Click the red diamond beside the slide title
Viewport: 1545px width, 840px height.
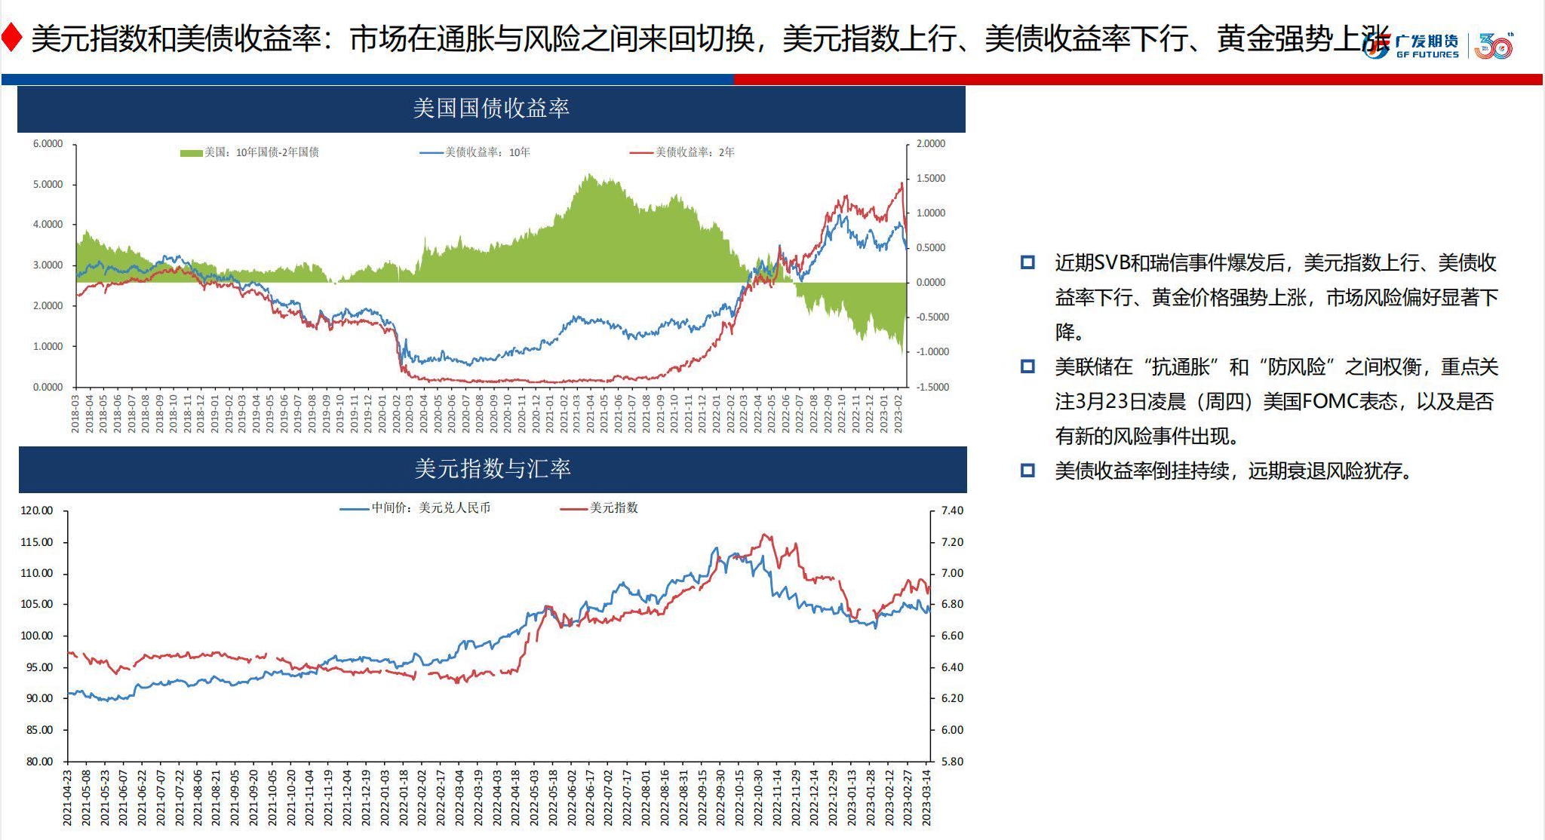11,38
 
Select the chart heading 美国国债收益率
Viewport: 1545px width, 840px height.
491,109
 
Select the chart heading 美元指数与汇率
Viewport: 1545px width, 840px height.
493,469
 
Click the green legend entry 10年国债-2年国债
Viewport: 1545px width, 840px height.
250,152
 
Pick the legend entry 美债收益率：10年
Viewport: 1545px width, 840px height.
475,152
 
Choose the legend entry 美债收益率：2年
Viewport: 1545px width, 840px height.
683,152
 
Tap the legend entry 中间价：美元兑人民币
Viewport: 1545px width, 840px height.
416,508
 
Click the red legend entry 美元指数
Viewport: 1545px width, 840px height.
600,508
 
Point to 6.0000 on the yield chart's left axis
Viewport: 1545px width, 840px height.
48,144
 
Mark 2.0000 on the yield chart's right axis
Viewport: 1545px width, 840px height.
931,144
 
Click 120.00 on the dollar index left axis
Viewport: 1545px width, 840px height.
36,510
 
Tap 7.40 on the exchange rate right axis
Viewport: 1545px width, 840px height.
952,510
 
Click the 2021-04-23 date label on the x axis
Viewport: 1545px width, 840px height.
67,796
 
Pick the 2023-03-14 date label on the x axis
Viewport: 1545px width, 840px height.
927,796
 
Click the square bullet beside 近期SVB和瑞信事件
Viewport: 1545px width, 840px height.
1027,262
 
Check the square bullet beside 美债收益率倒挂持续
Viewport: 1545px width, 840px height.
1027,471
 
